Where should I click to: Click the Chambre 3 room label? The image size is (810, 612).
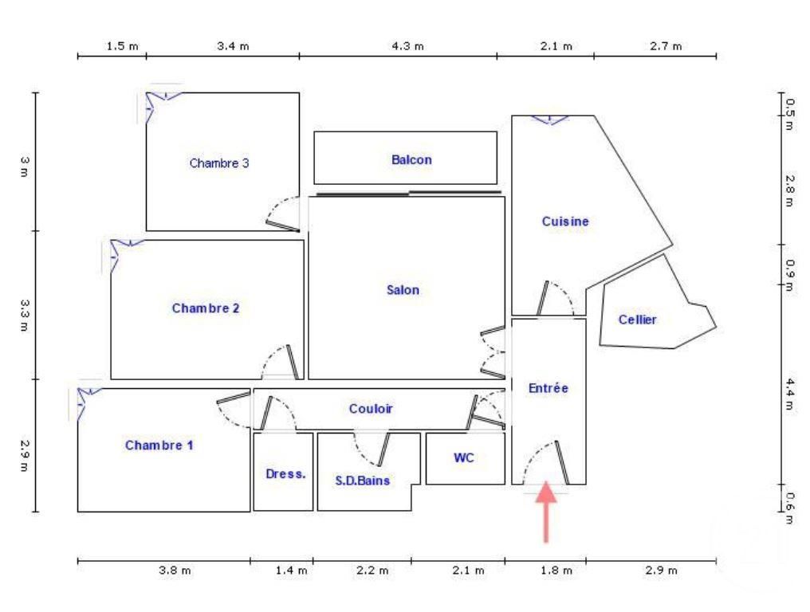(219, 163)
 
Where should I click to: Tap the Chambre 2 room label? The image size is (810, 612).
(206, 308)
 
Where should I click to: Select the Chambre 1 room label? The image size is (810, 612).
(159, 445)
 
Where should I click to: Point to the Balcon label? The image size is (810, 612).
(411, 159)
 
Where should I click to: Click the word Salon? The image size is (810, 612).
(403, 290)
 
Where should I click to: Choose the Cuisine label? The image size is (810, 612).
(565, 222)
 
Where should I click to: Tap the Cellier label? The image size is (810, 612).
(638, 320)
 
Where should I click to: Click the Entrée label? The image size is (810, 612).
(549, 388)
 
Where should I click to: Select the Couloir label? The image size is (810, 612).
(371, 409)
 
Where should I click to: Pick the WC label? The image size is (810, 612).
(464, 458)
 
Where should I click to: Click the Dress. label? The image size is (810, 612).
(285, 473)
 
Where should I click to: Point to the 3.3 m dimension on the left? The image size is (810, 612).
(24, 307)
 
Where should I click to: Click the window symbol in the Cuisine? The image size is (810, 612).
(550, 120)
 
